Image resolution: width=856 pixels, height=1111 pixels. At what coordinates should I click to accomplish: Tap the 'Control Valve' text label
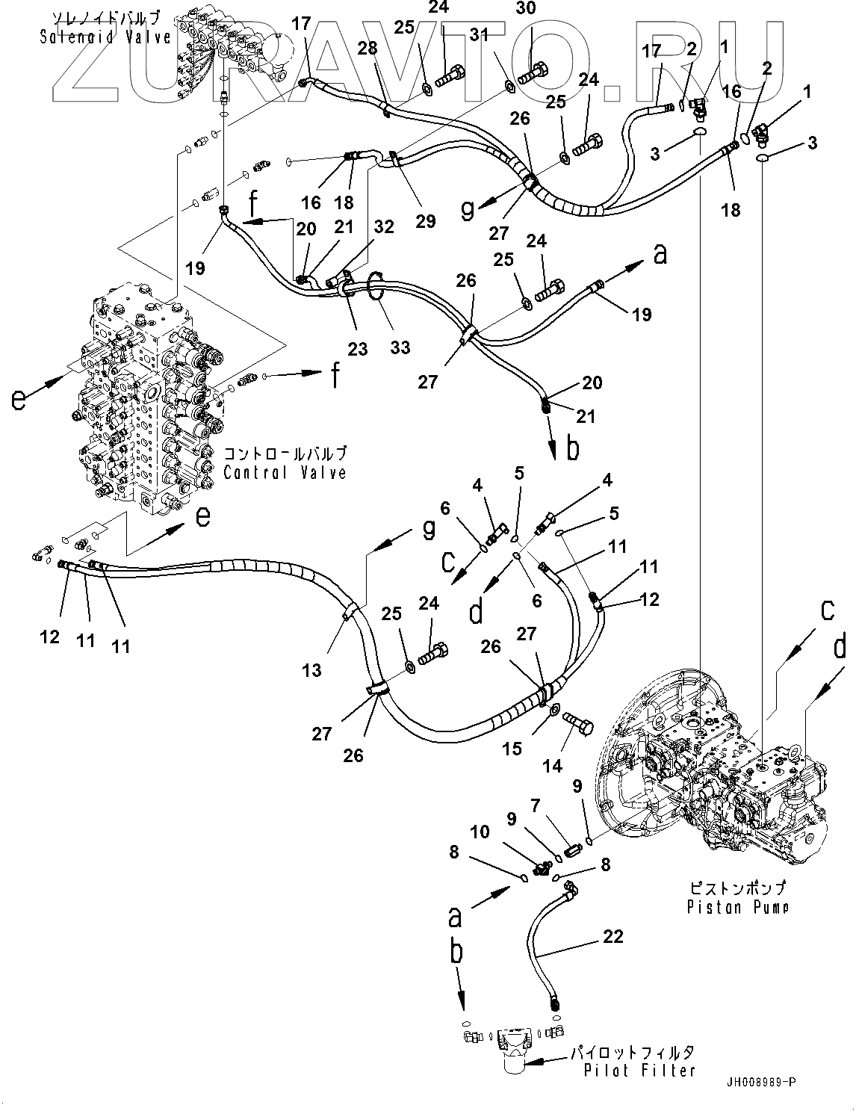[x=285, y=471]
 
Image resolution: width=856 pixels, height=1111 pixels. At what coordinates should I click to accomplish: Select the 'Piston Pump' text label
[x=737, y=907]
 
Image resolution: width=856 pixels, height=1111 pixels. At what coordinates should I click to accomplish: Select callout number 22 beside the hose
[x=613, y=937]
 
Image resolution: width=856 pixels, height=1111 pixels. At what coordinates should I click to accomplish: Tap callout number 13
[x=312, y=669]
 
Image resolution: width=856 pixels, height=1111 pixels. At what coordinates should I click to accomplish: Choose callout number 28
[x=367, y=49]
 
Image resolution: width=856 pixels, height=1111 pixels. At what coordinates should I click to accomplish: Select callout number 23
[x=358, y=347]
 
